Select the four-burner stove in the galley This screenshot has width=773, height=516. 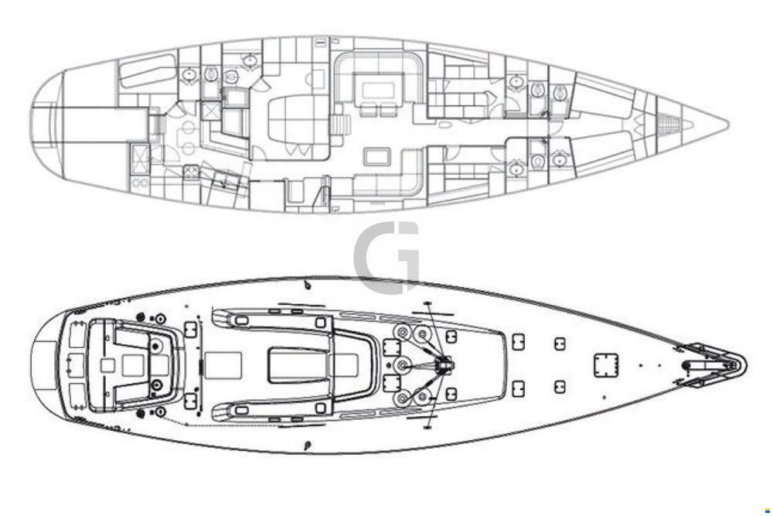[191, 171]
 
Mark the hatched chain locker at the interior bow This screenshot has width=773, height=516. [669, 123]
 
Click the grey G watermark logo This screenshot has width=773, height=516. [386, 257]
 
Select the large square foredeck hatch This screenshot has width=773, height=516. [606, 365]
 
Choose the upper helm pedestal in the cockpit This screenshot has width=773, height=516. [157, 347]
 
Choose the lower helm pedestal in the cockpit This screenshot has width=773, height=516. [157, 384]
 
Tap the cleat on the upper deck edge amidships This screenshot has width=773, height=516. [308, 285]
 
